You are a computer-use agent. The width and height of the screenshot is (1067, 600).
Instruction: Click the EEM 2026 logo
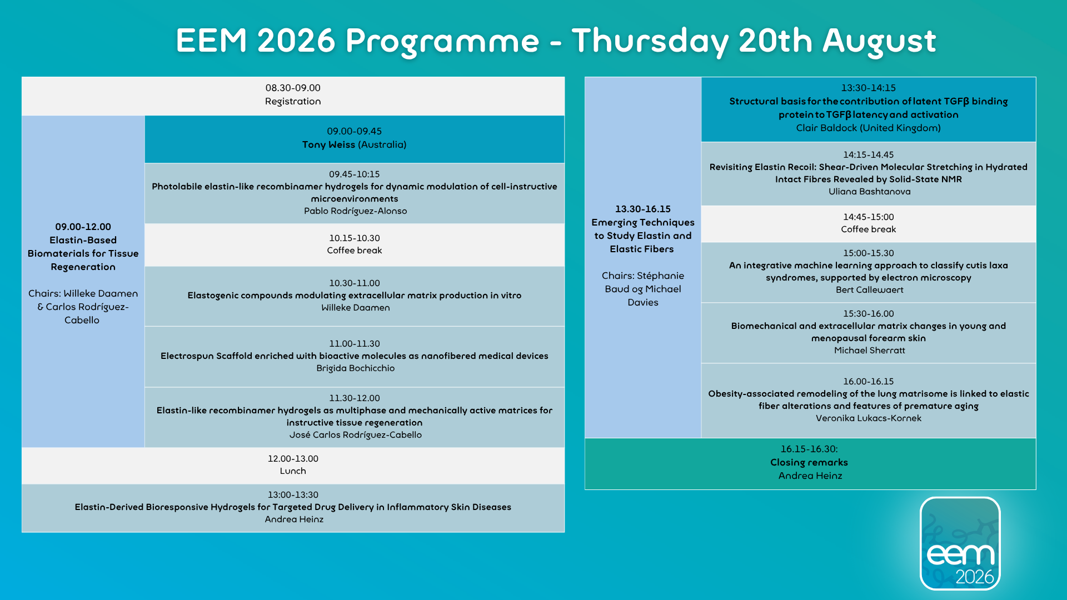[960, 543]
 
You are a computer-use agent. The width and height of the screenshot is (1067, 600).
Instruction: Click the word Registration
[293, 101]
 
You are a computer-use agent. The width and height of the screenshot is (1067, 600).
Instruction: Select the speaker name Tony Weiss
[328, 144]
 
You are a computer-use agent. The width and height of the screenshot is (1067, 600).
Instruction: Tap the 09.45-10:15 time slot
[355, 174]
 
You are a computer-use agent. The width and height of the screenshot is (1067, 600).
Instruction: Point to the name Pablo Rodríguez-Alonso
[356, 211]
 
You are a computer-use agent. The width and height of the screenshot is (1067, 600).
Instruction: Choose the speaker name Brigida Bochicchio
[356, 368]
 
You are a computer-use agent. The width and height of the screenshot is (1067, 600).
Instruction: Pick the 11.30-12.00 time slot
[355, 398]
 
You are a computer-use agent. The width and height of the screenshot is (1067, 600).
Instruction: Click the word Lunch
[293, 471]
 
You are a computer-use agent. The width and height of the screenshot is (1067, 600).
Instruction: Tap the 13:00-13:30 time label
[293, 494]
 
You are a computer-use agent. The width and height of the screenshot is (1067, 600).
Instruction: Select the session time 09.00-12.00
[83, 227]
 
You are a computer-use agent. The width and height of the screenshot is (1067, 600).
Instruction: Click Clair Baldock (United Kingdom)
[869, 128]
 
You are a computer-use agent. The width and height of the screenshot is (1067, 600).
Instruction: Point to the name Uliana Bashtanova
[870, 191]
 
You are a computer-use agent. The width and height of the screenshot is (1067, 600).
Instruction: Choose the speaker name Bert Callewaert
[870, 289]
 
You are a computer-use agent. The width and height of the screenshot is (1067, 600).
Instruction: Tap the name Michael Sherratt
[870, 350]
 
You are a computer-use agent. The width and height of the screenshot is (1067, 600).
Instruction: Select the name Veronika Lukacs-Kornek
[869, 418]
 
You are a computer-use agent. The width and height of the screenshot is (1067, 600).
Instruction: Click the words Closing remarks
[809, 462]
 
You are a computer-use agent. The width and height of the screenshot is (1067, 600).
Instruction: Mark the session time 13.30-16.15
[643, 209]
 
